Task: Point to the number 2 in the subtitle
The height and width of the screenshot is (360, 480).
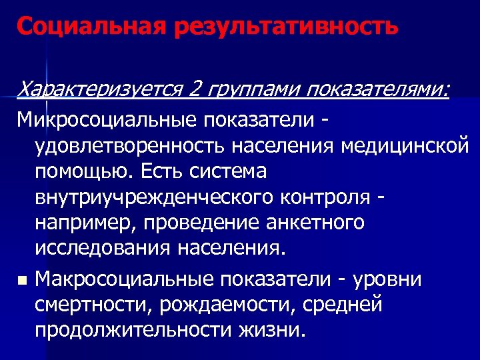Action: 196,89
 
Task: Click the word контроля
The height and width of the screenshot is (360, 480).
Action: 337,197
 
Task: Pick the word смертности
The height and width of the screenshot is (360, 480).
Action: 91,304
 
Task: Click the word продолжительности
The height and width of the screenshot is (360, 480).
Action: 133,330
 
